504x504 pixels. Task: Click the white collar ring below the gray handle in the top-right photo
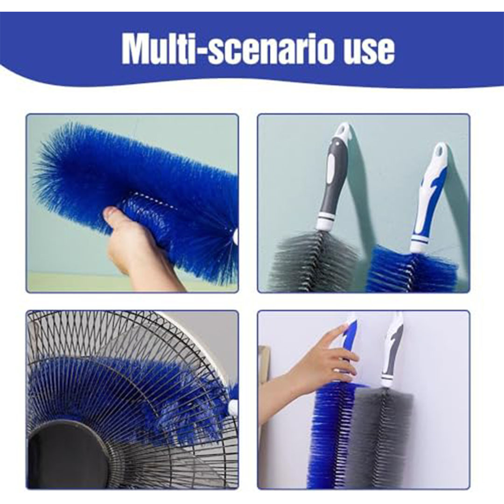coord(325,223)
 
